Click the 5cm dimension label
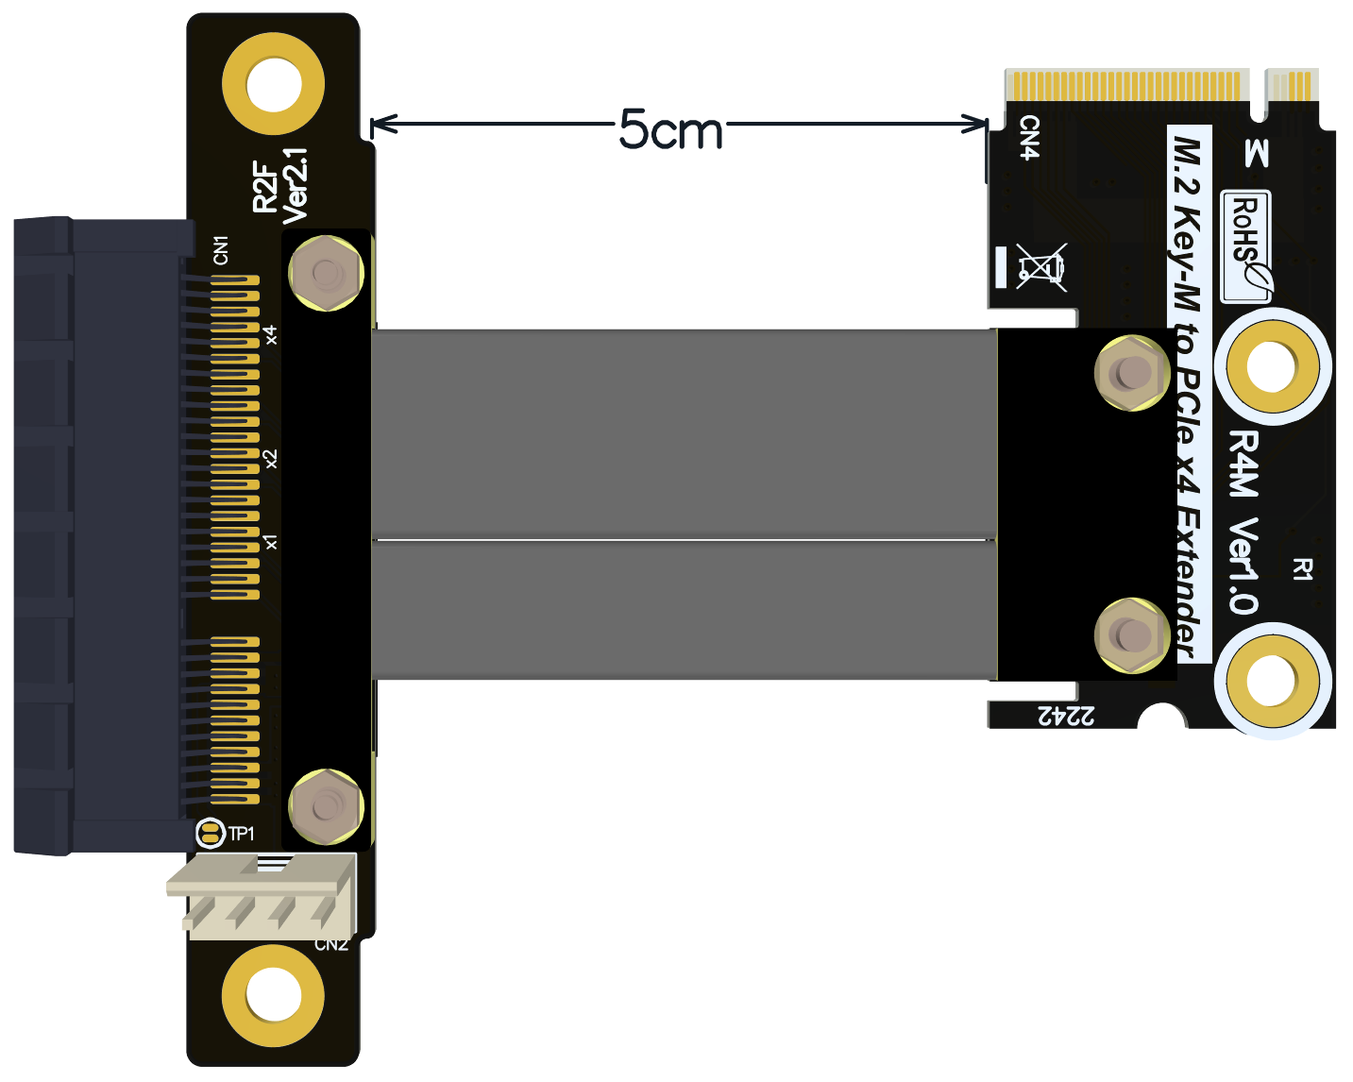(670, 129)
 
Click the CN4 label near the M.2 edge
(1029, 138)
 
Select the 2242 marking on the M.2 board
(1067, 716)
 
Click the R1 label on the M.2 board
(1303, 568)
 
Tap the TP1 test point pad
(210, 833)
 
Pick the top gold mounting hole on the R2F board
(274, 84)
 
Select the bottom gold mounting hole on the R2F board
(274, 995)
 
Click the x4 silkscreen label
(271, 334)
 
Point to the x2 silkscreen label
(271, 459)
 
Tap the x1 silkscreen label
(271, 542)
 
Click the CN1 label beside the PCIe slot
(221, 250)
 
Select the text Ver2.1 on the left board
(296, 185)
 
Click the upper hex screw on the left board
(326, 274)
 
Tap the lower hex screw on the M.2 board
(1131, 634)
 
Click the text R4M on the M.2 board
(1243, 464)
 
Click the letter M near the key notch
(1256, 153)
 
